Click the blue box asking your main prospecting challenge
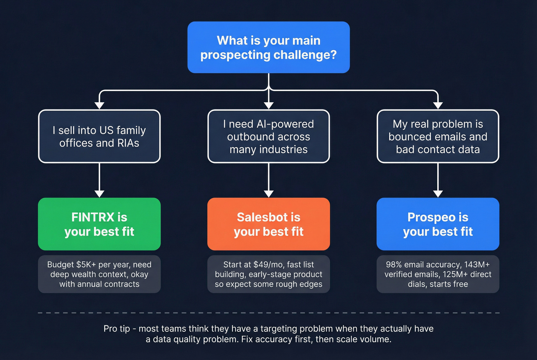click(268, 47)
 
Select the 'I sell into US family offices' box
click(99, 136)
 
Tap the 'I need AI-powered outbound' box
click(268, 136)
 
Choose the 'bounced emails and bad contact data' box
click(438, 136)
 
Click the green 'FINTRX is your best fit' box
click(99, 224)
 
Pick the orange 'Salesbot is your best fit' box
click(268, 224)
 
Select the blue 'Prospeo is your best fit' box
click(438, 224)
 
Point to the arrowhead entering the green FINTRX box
click(99, 194)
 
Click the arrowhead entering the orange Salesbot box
click(268, 194)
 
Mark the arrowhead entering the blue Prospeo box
click(438, 194)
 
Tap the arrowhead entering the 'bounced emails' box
click(438, 105)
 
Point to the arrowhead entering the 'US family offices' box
click(99, 105)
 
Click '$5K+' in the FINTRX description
click(86, 265)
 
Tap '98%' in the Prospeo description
click(394, 265)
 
